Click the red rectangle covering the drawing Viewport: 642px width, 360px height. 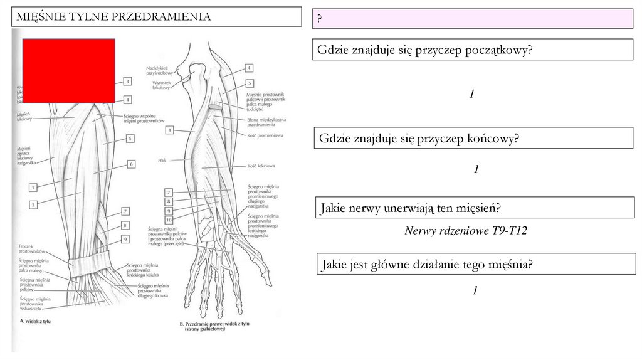(69, 70)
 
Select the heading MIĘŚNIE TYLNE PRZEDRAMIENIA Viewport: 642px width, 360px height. (113, 17)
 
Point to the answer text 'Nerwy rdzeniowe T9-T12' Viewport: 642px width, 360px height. (466, 231)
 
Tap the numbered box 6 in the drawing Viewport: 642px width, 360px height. (131, 164)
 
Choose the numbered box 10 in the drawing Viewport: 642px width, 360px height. (169, 220)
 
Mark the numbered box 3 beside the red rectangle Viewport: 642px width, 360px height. (127, 81)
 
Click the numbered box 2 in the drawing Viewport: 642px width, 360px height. (33, 204)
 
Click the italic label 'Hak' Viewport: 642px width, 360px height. (162, 161)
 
